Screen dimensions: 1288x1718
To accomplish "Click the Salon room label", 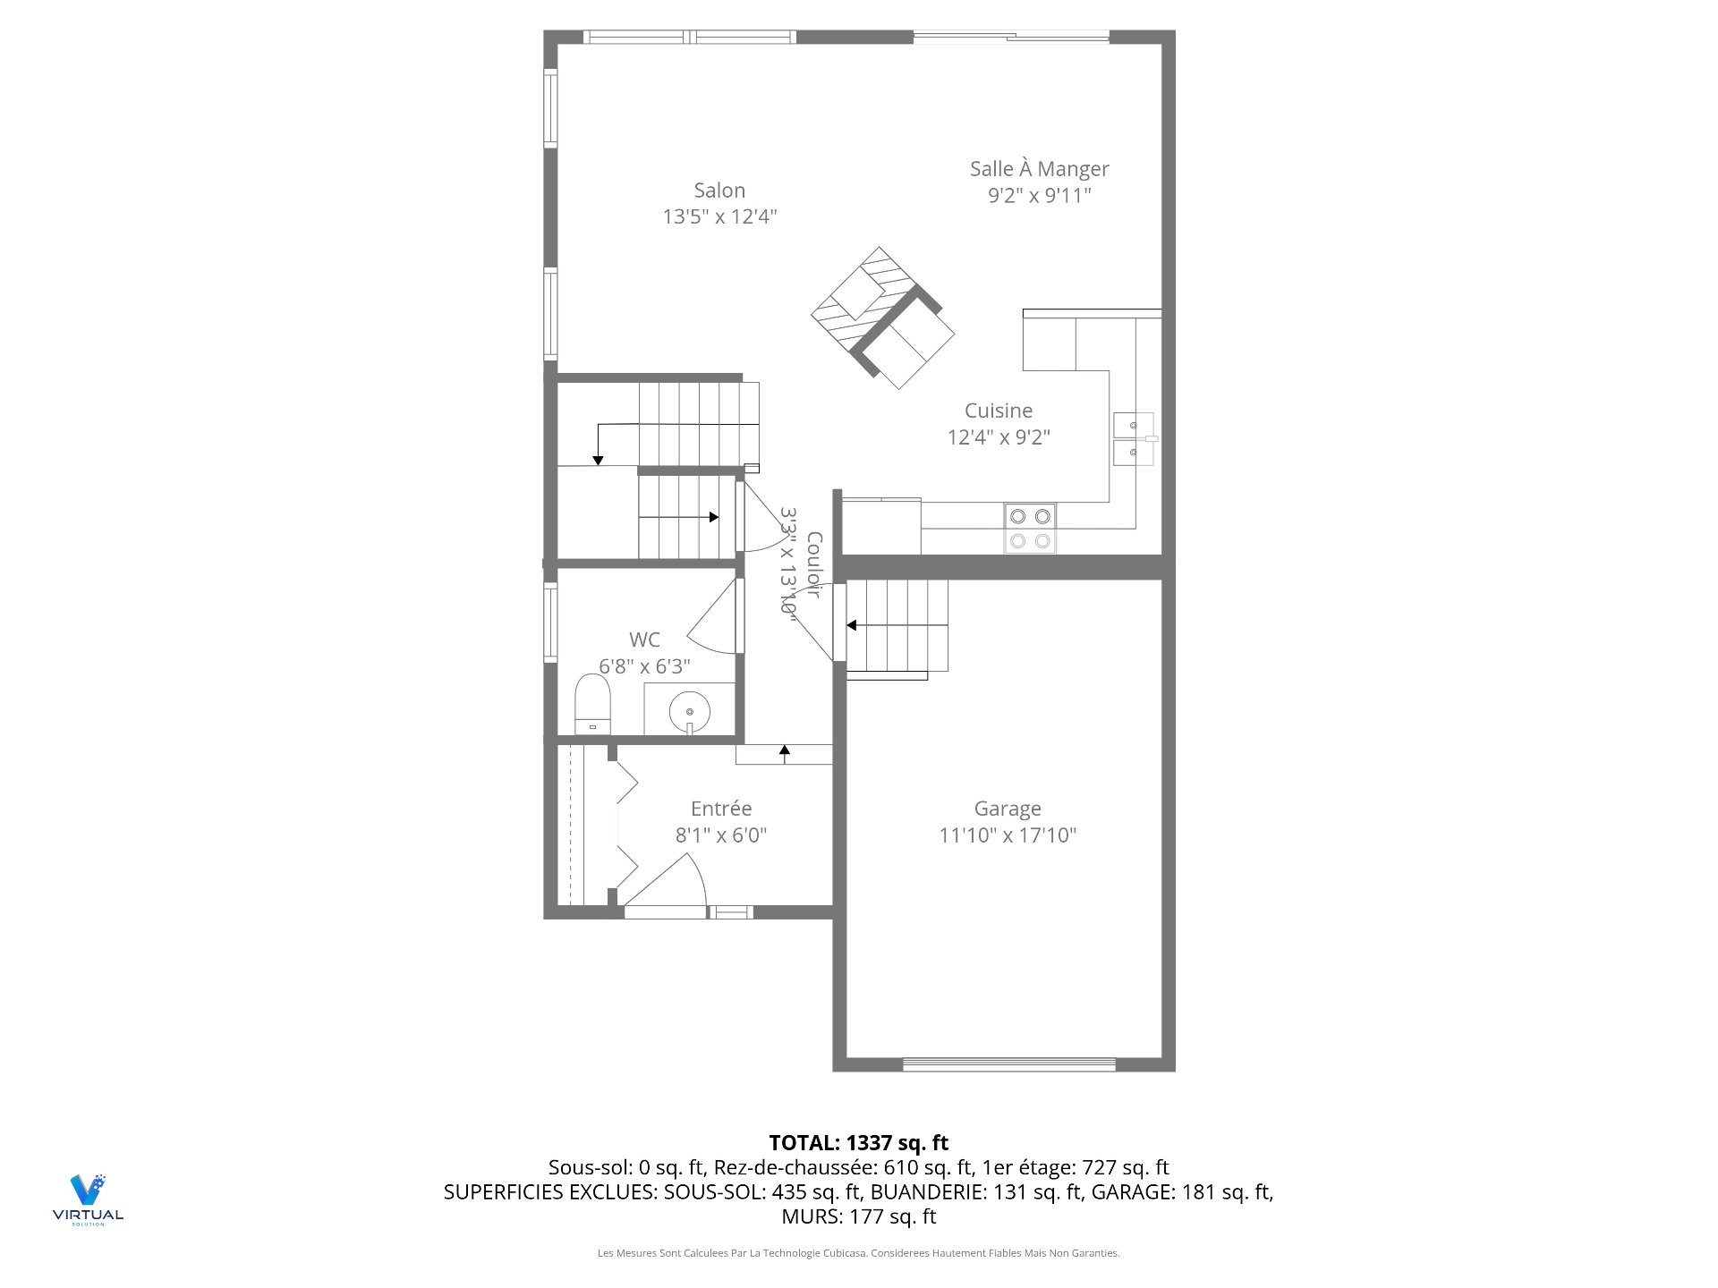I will [x=719, y=191].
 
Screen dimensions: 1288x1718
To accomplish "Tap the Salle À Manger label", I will [x=1039, y=169].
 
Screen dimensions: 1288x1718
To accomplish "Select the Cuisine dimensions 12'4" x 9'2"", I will [x=999, y=437].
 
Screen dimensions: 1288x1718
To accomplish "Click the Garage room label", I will [x=1008, y=809].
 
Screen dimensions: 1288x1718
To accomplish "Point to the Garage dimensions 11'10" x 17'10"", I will [x=1008, y=835].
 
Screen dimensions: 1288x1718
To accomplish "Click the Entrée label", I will [x=721, y=809].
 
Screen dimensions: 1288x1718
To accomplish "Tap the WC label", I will [x=644, y=640].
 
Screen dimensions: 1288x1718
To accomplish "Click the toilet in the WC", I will [x=592, y=705].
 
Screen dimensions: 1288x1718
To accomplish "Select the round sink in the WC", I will [x=690, y=712].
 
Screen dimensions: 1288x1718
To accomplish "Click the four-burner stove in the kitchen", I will [x=1030, y=529].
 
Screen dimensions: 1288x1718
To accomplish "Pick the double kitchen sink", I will [x=1134, y=438].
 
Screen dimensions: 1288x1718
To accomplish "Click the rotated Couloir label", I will [x=813, y=563].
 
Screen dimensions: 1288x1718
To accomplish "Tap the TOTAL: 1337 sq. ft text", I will [x=858, y=1142].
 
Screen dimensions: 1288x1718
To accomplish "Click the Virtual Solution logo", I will [x=88, y=1199].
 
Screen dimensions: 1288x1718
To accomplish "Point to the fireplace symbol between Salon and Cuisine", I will [x=881, y=318].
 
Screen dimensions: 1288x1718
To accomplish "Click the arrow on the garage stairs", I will [x=852, y=625].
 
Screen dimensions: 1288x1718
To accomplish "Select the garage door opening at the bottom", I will [x=1008, y=1064].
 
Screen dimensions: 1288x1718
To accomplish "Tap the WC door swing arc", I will [x=713, y=617].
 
